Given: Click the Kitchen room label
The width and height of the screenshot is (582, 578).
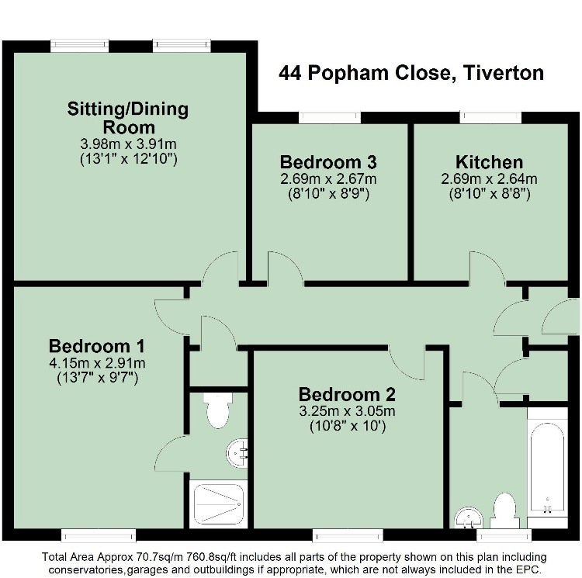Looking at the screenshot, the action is click(x=489, y=162).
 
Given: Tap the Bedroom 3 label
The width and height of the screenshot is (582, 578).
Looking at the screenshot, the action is click(x=328, y=162).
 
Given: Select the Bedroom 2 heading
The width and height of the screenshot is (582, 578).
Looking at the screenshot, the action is click(x=347, y=394).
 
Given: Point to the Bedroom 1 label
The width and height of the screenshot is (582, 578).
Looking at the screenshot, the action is click(x=96, y=346).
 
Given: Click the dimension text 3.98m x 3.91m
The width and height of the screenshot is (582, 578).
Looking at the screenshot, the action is click(x=128, y=144).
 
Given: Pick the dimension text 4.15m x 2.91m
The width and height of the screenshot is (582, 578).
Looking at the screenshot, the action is click(x=97, y=363).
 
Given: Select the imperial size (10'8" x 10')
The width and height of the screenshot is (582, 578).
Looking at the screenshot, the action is click(x=348, y=426).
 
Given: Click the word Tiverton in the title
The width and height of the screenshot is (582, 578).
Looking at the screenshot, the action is click(x=504, y=73).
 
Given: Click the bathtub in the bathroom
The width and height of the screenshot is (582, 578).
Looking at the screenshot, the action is click(x=548, y=468).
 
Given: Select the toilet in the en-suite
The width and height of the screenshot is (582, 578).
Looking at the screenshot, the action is click(x=218, y=410).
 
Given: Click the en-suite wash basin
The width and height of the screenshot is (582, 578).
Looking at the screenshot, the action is click(x=237, y=453).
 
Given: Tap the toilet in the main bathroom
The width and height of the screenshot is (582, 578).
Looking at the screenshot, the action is click(x=504, y=510).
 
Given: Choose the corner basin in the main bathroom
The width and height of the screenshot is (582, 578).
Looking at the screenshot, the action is click(x=469, y=517).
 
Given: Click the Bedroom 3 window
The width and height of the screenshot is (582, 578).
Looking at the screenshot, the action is click(x=330, y=118).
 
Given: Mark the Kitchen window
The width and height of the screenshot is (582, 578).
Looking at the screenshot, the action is click(x=490, y=118).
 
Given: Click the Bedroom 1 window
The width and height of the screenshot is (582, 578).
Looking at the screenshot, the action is click(x=99, y=535).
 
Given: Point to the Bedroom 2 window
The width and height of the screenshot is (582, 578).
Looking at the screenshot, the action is click(x=348, y=535).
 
